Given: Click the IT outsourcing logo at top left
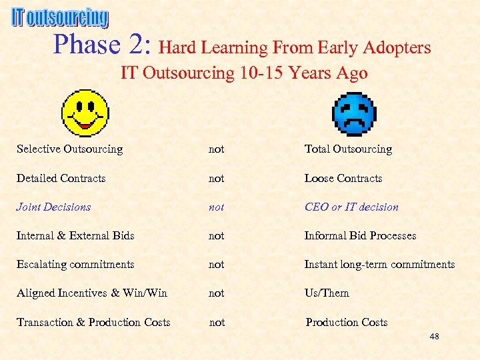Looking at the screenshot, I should tap(59, 17).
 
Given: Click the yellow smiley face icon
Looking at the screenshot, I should tap(85, 113).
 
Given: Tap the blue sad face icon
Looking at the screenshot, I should tap(354, 114).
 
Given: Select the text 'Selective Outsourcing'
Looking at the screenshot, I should tap(69, 149).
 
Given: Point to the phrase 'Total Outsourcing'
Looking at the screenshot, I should tap(348, 149).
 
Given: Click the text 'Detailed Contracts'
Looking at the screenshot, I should tap(61, 179).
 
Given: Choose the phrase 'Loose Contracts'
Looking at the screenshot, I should tap(343, 179).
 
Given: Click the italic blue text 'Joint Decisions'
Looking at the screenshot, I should tap(53, 207).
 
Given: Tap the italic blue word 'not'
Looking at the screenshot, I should tap(216, 207).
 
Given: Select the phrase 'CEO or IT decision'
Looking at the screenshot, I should tap(351, 207).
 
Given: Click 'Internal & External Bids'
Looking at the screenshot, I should tap(75, 236).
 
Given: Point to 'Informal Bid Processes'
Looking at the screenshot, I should tap(360, 236).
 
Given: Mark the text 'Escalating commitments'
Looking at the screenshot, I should tap(75, 265).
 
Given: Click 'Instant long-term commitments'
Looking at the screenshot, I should tap(379, 265).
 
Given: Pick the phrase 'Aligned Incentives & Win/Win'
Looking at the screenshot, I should tap(92, 293).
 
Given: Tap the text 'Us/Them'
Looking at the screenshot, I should tap(327, 293).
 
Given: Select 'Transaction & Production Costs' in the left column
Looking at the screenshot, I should tap(93, 323).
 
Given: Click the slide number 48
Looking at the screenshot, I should tap(434, 337).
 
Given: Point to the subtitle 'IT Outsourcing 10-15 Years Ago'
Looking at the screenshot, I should tap(244, 73).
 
